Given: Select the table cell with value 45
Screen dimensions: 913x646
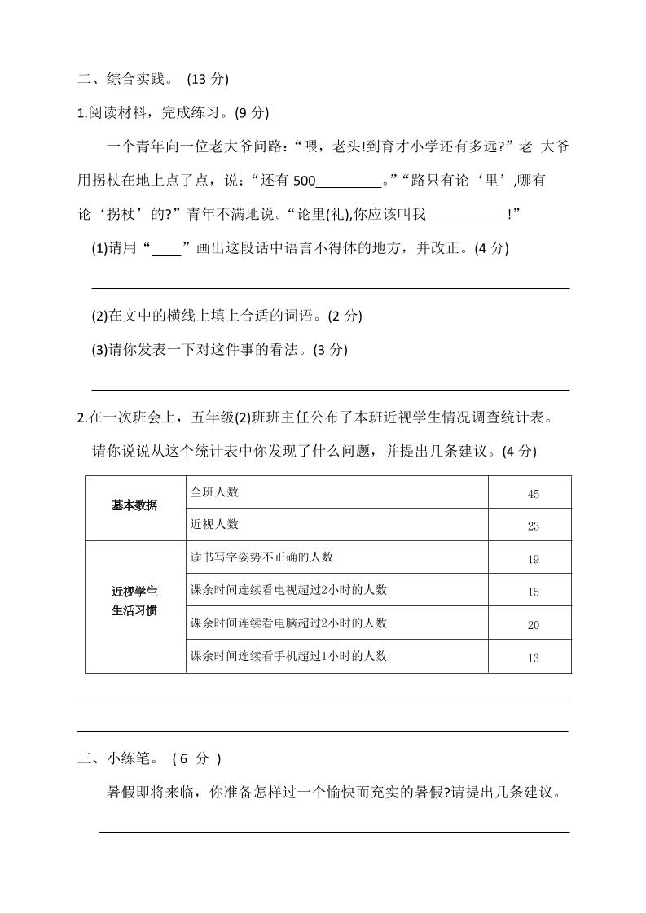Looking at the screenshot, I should pyautogui.click(x=533, y=494).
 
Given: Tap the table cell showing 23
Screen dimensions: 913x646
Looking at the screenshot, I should pyautogui.click(x=533, y=526).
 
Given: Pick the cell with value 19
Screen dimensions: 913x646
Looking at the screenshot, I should pyautogui.click(x=533, y=559).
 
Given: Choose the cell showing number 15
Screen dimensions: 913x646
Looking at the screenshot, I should pyautogui.click(x=533, y=592).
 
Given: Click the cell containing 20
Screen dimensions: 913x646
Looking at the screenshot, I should pyautogui.click(x=533, y=625).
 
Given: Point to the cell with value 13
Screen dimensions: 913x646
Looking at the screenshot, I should pyautogui.click(x=533, y=657).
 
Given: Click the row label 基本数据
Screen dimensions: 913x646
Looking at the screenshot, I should pyautogui.click(x=134, y=505).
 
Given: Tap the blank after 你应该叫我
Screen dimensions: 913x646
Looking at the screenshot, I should pyautogui.click(x=463, y=215).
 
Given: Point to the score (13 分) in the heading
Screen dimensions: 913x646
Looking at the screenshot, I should pyautogui.click(x=208, y=79).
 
